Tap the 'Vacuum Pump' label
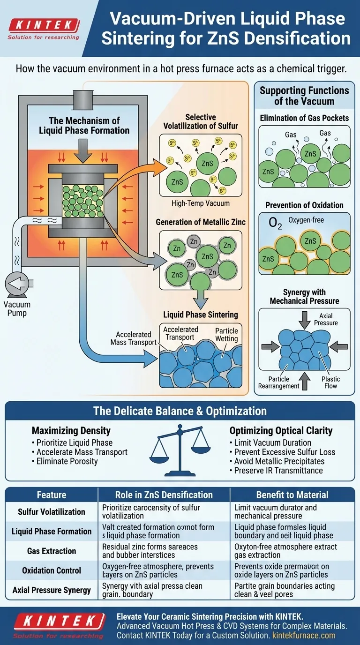pos(17,309)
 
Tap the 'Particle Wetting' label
pos(226,335)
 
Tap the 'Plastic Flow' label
pos(331,382)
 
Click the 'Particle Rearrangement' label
pos(278,382)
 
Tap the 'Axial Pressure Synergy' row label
pos(52,590)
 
